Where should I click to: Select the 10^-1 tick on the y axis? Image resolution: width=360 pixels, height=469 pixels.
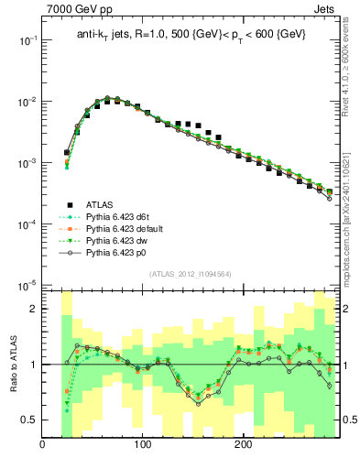pos(27,41)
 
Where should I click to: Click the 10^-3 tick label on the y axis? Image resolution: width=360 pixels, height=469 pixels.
pos(27,163)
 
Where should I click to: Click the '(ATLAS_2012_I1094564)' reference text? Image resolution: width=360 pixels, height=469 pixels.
pos(189,274)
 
